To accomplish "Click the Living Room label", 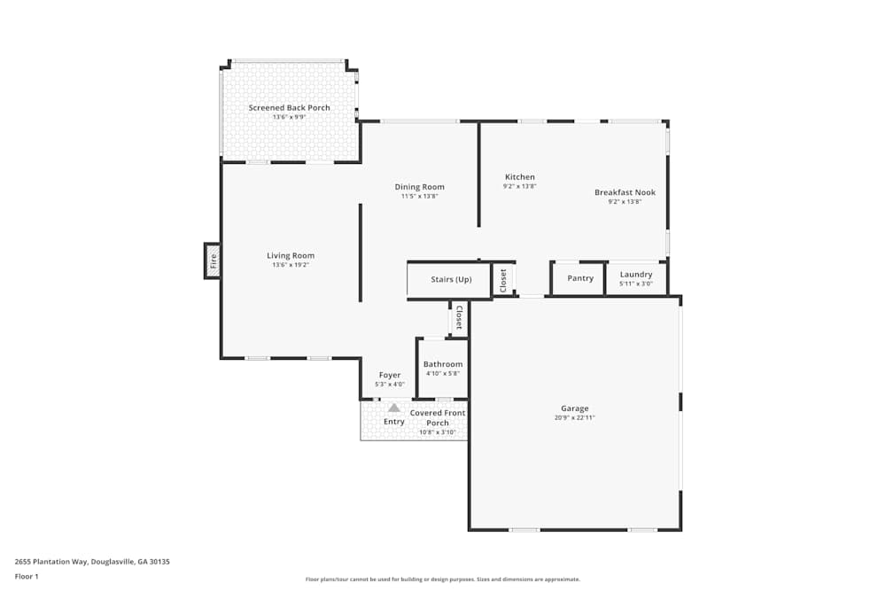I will pos(290,256).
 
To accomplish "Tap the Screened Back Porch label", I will pos(289,108).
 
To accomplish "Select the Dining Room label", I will pos(419,187).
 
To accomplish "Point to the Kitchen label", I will pos(520,177).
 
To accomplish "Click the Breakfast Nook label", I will pos(625,192).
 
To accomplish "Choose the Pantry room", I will pos(580,278).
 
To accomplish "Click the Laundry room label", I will pos(636,275).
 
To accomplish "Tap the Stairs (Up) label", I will pos(451,279).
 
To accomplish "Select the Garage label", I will pos(574,408).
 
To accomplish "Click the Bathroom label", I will pos(442,364).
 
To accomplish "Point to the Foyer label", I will pos(390,375).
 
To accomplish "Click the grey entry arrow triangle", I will pos(394,408).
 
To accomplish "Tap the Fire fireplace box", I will pos(213,261).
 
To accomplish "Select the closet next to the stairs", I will pos(503,280).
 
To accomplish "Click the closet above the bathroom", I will pos(458,318).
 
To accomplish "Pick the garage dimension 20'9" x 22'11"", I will pos(574,417).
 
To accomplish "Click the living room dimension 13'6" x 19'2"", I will pos(290,265).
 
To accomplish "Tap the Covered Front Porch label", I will pos(438,417).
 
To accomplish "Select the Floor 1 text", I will pos(27,576).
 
